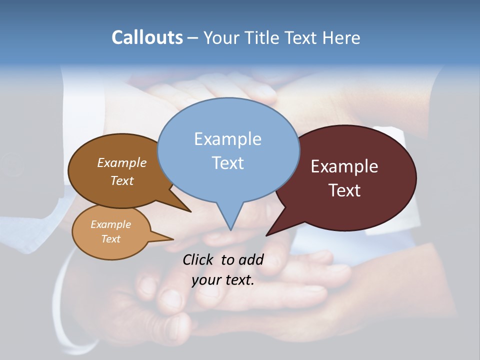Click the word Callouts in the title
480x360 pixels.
(x=147, y=37)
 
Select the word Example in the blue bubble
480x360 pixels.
(x=227, y=138)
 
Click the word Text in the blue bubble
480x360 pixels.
(x=227, y=162)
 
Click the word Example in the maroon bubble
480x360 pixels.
(x=344, y=166)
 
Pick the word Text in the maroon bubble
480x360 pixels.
(x=344, y=190)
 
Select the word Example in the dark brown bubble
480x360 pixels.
(x=122, y=162)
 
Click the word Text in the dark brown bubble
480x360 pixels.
(x=122, y=180)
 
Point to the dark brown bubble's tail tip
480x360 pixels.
(x=190, y=211)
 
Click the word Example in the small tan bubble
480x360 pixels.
(x=110, y=224)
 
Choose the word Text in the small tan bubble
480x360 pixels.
(x=110, y=239)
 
